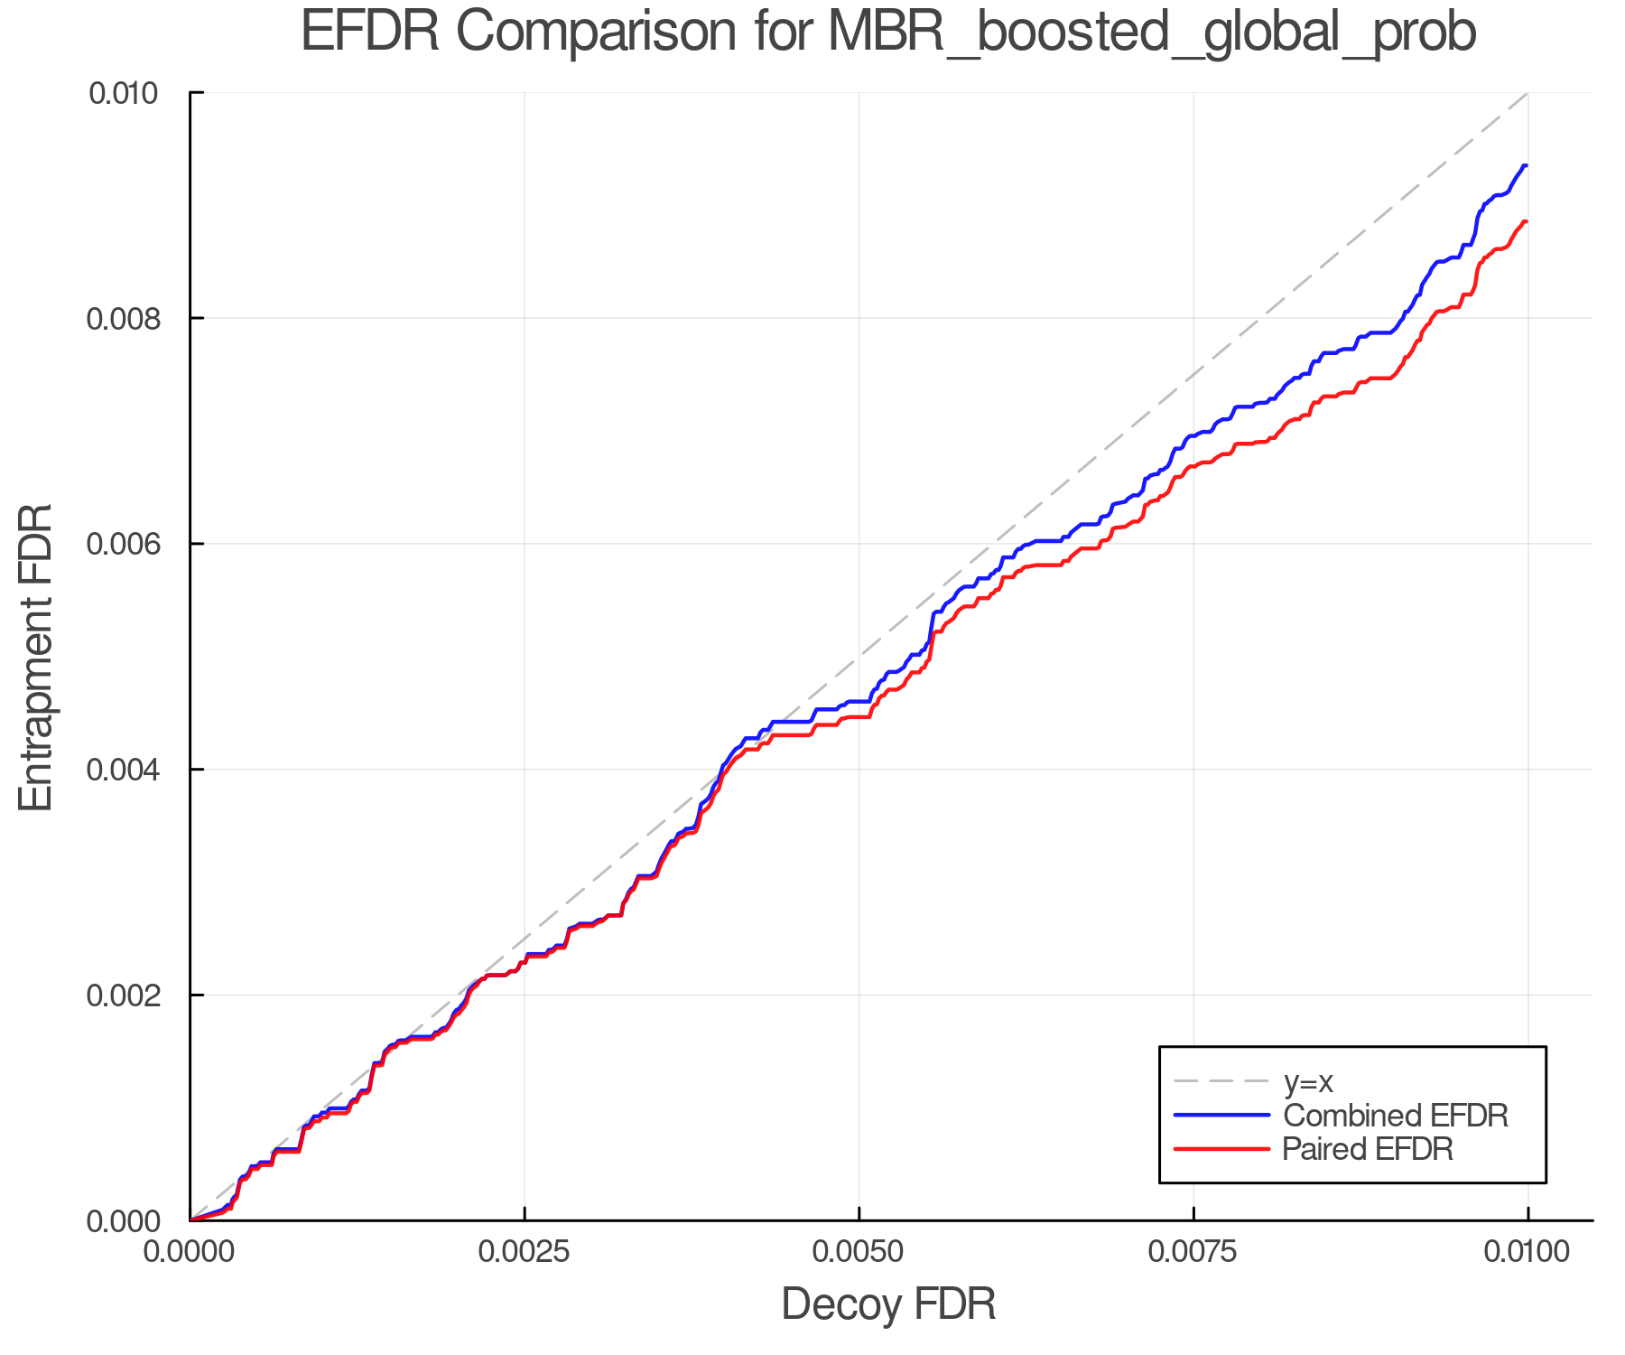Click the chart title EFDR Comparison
[x=888, y=33]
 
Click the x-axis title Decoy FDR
[x=888, y=1304]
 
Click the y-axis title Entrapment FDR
[x=36, y=657]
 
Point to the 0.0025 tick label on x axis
[x=525, y=1251]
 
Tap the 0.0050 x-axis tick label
[x=859, y=1251]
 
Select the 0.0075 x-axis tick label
[x=1193, y=1251]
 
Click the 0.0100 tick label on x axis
[x=1527, y=1251]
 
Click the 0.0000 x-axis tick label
[x=190, y=1251]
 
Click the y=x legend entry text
[x=1308, y=1081]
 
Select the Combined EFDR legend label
[x=1396, y=1116]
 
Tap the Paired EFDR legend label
[x=1368, y=1149]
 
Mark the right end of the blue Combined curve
[x=1526, y=165]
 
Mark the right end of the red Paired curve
[x=1526, y=221]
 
